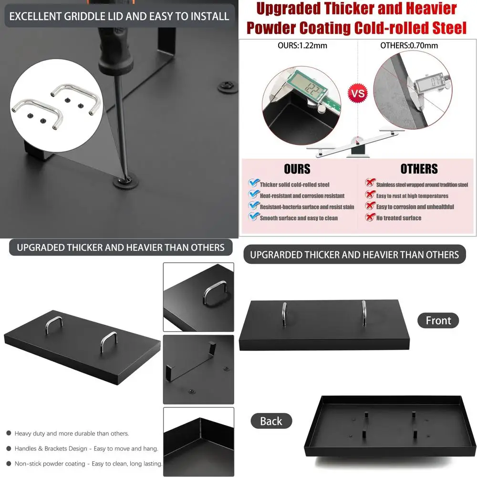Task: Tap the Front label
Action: [x=438, y=321]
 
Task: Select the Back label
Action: [x=271, y=421]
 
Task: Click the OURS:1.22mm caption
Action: [x=302, y=46]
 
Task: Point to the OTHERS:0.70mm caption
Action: [x=409, y=46]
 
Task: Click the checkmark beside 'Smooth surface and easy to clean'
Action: [x=253, y=218]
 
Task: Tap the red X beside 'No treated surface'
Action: [x=370, y=218]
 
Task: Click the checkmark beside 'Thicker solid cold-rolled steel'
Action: [x=253, y=184]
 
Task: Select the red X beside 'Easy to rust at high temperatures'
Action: [x=370, y=195]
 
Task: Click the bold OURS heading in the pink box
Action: [x=297, y=169]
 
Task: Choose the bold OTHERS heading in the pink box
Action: [x=419, y=169]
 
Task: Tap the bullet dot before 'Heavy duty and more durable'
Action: [x=9, y=434]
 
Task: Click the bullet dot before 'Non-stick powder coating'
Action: [x=9, y=463]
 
